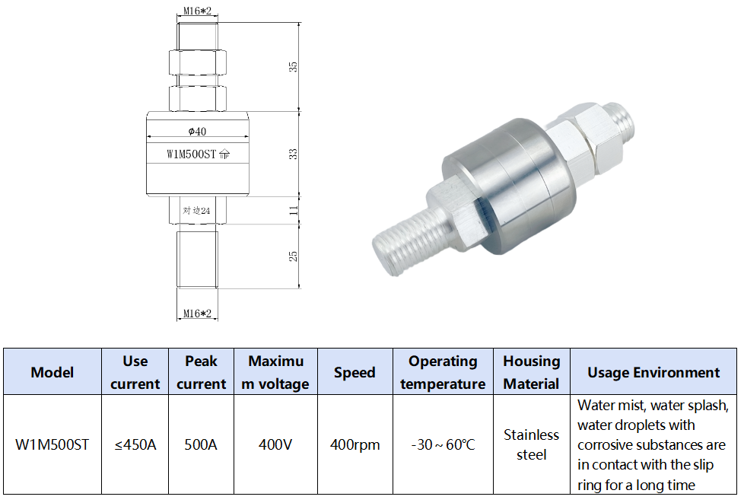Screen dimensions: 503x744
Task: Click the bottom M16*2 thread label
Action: point(197,313)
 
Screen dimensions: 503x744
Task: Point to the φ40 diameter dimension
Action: point(197,132)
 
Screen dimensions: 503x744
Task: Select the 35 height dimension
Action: point(294,66)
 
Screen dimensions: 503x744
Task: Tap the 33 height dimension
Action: point(294,154)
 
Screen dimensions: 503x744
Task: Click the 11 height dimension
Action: point(294,211)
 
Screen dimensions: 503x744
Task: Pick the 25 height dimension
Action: point(294,256)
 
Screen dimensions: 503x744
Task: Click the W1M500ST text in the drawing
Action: point(192,154)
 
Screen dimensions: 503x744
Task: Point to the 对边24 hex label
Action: point(196,211)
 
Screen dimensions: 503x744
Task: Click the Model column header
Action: point(52,372)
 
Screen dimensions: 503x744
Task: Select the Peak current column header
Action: point(201,372)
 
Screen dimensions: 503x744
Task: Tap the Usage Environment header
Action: point(653,372)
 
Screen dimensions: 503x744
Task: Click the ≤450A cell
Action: point(135,444)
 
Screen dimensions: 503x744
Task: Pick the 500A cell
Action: point(201,444)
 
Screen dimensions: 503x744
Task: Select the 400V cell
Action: point(275,444)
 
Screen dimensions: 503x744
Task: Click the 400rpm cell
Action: point(355,444)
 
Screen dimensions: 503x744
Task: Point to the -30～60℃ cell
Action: point(443,444)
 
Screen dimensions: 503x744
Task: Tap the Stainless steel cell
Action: point(531,444)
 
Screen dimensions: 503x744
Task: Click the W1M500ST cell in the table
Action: point(52,444)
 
